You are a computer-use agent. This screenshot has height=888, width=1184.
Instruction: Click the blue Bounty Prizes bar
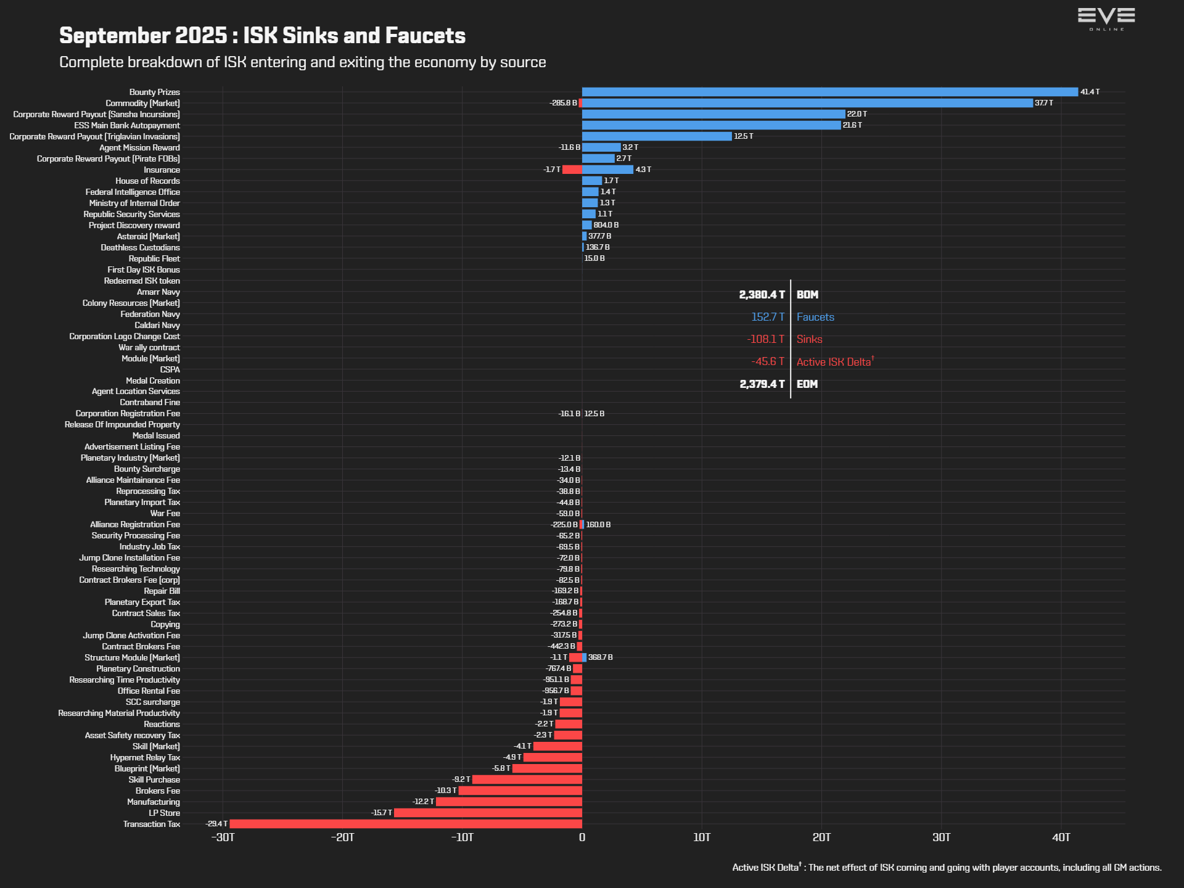click(829, 92)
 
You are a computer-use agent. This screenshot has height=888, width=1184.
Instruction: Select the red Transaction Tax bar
click(406, 824)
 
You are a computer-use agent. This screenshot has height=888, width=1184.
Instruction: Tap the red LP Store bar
click(488, 813)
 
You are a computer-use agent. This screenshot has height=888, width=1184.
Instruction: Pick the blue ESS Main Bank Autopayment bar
click(711, 125)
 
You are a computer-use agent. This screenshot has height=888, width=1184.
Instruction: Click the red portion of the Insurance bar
click(572, 170)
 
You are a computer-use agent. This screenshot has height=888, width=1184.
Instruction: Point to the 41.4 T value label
click(1090, 92)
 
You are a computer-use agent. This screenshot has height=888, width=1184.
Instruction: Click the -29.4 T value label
click(216, 824)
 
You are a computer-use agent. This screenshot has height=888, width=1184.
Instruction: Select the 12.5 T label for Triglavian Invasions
click(743, 136)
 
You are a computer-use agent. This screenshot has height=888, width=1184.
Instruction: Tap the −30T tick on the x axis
click(223, 837)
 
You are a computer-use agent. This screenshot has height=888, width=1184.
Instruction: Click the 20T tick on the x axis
click(821, 837)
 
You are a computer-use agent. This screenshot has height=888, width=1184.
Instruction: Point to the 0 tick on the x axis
click(582, 837)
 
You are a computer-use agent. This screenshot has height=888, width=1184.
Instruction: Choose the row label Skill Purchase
click(154, 779)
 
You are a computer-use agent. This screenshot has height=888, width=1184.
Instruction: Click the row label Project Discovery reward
click(134, 225)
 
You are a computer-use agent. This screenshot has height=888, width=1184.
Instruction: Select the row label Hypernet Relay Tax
click(145, 757)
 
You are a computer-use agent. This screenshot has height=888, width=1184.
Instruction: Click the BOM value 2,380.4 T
click(762, 295)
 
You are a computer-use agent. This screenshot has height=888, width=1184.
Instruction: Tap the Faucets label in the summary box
click(815, 317)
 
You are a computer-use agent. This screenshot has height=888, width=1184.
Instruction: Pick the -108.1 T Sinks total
click(765, 339)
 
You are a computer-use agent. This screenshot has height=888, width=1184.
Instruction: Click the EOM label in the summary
click(807, 384)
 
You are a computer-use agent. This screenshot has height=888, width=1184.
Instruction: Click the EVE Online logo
click(1106, 18)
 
